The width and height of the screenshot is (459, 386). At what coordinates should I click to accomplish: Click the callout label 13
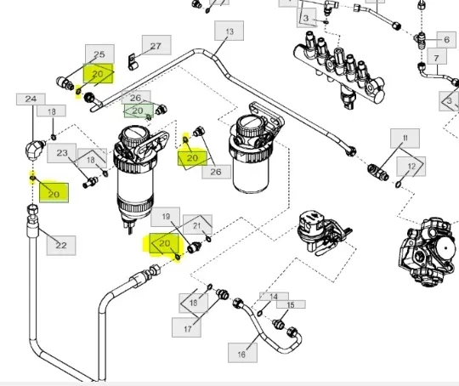(x=229, y=31)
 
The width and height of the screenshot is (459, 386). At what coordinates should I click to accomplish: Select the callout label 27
(x=156, y=45)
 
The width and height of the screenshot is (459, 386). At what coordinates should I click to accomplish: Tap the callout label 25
(x=99, y=54)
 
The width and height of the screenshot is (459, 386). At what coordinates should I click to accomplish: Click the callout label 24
(x=31, y=99)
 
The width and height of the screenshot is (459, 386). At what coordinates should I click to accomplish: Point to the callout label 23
(x=62, y=153)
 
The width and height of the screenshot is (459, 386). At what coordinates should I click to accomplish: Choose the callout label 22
(x=61, y=245)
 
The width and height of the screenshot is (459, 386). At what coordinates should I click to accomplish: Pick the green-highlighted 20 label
(x=139, y=111)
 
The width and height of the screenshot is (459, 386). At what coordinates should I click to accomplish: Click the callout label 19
(x=166, y=217)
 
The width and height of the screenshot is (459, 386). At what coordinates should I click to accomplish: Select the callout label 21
(x=197, y=225)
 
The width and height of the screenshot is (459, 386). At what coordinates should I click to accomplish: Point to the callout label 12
(x=411, y=167)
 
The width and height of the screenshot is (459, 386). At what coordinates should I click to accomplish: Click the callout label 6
(x=446, y=40)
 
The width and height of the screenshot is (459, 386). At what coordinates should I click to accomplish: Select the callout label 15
(x=291, y=304)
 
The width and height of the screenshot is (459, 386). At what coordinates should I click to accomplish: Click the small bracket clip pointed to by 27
(x=132, y=62)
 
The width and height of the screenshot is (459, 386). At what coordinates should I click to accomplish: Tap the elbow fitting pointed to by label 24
(x=34, y=149)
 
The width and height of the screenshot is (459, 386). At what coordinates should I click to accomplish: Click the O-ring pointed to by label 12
(x=398, y=184)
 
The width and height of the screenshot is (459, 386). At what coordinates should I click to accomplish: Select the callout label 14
(x=274, y=297)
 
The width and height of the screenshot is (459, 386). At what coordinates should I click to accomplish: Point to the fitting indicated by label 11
(x=378, y=173)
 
